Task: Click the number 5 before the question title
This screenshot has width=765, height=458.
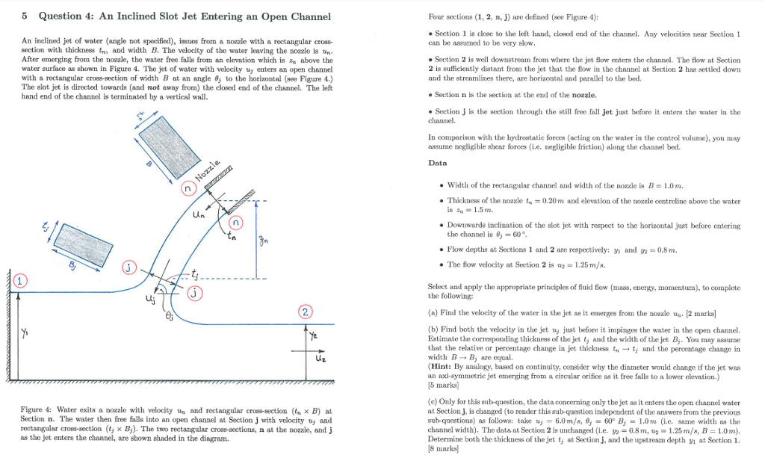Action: (25, 16)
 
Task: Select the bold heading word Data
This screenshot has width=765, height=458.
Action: (438, 163)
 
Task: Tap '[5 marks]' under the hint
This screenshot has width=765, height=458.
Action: (442, 386)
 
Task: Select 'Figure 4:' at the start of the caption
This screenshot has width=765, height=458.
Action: (37, 411)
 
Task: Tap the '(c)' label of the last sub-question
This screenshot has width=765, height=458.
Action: (433, 402)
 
